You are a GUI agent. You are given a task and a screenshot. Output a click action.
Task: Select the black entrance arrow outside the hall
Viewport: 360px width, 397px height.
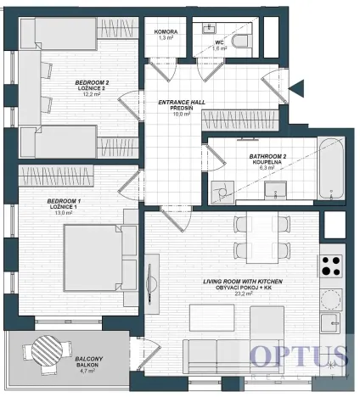295,87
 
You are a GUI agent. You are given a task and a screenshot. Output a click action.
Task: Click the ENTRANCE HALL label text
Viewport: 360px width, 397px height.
181,103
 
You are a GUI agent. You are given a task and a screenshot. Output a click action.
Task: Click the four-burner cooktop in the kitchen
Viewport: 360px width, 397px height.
331,266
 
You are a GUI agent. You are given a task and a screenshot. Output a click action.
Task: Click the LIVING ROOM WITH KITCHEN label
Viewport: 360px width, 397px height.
242,281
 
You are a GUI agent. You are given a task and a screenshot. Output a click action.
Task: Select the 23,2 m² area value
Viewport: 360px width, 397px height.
242,294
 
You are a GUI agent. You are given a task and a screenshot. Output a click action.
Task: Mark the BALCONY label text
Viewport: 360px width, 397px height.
89,361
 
